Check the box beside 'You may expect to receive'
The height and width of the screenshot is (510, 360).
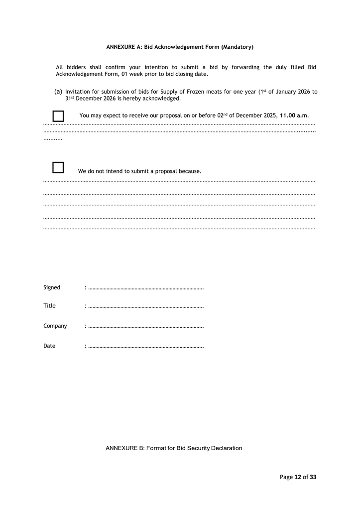coord(58,116)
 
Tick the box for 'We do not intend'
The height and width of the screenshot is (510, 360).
coord(58,167)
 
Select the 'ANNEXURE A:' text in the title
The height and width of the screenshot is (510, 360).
coord(124,47)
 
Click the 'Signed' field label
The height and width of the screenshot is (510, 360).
coord(52,287)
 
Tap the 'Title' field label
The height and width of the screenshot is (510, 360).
coord(50,306)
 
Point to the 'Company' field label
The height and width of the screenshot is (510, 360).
coord(55,326)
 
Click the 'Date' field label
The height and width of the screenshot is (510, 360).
coord(50,346)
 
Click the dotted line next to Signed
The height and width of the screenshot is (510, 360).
coord(146,288)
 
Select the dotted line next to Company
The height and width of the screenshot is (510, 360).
coord(146,327)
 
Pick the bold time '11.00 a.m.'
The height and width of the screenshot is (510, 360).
coord(294,116)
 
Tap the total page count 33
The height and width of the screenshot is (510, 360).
coord(313,477)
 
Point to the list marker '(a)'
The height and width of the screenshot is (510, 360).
coord(58,92)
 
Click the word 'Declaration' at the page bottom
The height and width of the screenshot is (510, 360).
coord(227,448)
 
